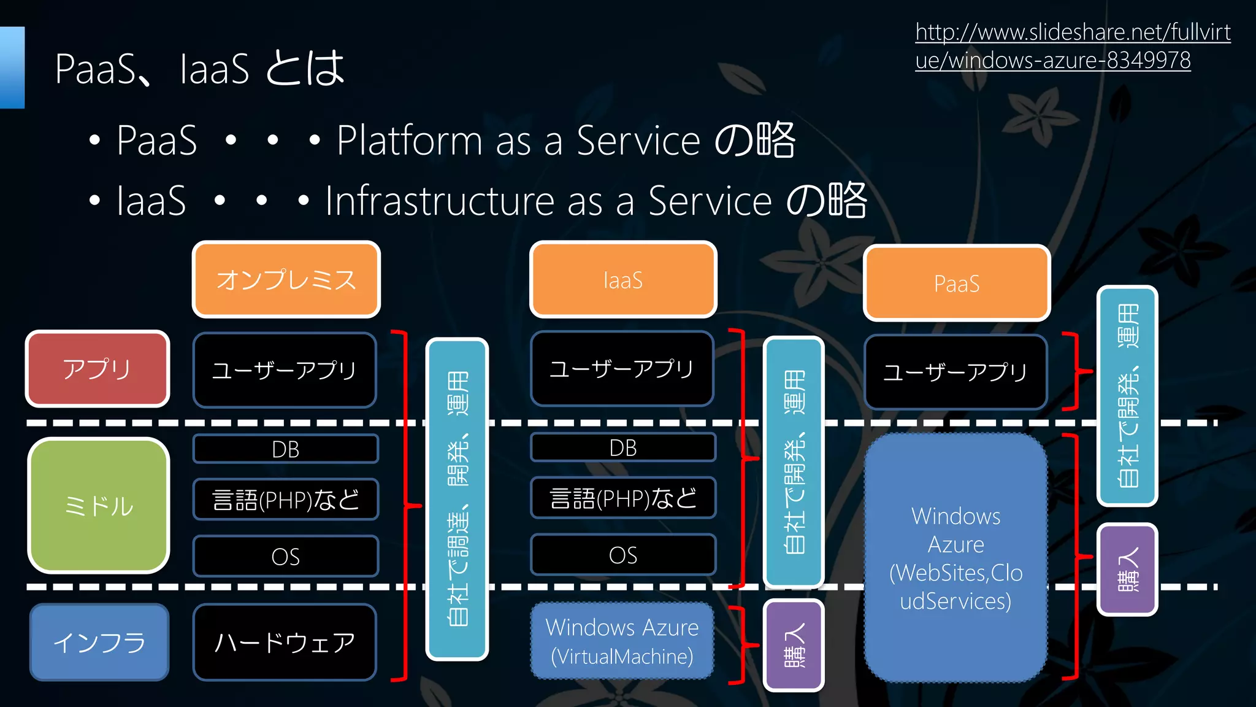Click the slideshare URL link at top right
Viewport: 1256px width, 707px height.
(x=1072, y=46)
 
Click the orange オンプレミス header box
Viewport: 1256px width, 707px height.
(x=286, y=280)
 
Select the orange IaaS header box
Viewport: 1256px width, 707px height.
(x=623, y=280)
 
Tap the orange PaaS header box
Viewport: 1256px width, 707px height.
(x=957, y=284)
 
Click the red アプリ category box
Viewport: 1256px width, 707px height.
(x=98, y=369)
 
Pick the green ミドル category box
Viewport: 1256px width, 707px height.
(x=99, y=506)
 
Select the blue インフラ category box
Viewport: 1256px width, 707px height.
(x=99, y=642)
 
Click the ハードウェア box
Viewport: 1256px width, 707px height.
(x=285, y=642)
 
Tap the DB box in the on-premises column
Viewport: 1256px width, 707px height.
(x=286, y=449)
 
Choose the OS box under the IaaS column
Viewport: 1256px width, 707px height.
(x=623, y=555)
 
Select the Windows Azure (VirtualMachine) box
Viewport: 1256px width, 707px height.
(x=622, y=641)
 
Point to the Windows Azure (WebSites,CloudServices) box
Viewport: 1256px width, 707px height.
(x=955, y=557)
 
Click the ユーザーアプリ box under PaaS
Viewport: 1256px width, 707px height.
(x=955, y=372)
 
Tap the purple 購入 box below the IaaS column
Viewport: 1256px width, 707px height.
(x=794, y=645)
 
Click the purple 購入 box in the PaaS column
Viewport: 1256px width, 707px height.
(x=1127, y=569)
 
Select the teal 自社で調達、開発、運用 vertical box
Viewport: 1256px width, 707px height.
(x=457, y=498)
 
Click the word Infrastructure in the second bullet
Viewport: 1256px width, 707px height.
(x=440, y=201)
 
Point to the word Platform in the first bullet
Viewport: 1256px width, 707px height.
(x=409, y=141)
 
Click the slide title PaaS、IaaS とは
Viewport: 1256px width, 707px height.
(x=200, y=68)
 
